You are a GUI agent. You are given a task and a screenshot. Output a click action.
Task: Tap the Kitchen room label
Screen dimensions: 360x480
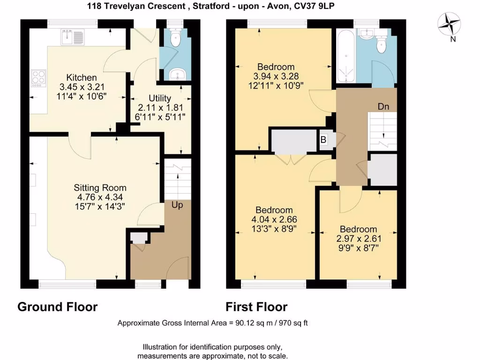[x=82, y=78]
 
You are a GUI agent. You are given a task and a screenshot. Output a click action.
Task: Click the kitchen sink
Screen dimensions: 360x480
[x=72, y=37]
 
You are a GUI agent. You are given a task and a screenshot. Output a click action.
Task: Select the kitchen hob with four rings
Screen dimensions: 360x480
[x=38, y=78]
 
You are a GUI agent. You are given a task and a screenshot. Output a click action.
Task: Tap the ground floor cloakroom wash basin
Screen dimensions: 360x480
[x=177, y=74]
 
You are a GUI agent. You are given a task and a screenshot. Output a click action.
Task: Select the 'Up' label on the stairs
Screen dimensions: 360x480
[x=177, y=205]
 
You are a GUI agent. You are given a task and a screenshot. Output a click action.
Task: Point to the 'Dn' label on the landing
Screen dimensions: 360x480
[x=383, y=106]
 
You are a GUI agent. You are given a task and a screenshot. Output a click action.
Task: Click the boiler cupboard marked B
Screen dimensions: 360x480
[x=323, y=139]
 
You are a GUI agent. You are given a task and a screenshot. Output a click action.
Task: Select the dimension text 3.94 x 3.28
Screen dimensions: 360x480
[x=276, y=76]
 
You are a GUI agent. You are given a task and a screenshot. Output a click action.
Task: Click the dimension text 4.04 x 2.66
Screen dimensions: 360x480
[x=274, y=219]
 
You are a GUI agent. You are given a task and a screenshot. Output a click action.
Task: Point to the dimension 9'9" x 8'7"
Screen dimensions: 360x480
[x=358, y=247]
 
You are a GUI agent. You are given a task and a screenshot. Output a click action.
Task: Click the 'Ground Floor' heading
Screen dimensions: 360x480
[x=58, y=307]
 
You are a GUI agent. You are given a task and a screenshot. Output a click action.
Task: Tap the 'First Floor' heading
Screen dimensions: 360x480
[x=256, y=307]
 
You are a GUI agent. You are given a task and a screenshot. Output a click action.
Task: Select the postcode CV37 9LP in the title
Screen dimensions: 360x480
[x=316, y=6]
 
